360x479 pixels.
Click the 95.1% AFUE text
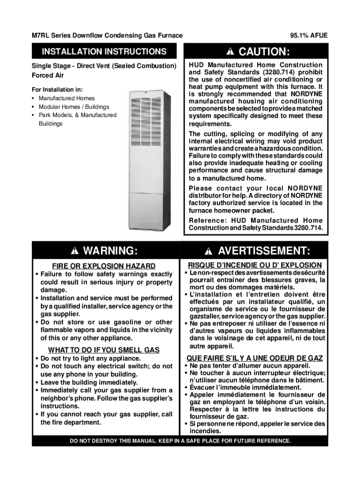pos(309,36)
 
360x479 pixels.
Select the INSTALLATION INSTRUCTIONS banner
pos(104,51)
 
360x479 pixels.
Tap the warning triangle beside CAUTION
pos(231,51)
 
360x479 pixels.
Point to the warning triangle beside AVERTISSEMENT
pos(209,251)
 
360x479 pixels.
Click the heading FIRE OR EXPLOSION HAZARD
pos(104,266)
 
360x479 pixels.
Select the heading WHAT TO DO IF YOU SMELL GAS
pos(104,350)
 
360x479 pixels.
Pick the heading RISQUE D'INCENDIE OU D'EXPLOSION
pos(255,265)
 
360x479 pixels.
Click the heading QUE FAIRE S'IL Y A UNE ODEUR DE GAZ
pos(255,358)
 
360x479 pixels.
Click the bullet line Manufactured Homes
pos(66,98)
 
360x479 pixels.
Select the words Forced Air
pos(48,75)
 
